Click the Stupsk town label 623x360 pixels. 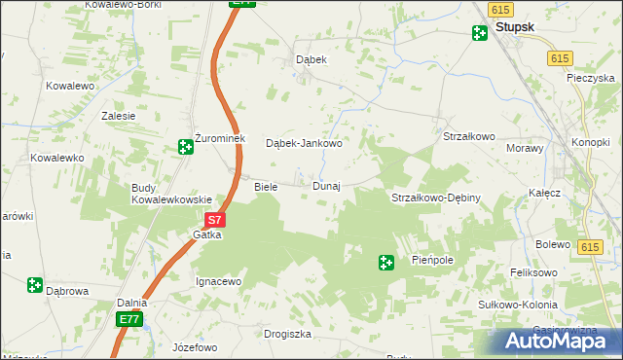(x=514, y=28)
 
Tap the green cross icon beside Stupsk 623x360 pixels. (x=479, y=34)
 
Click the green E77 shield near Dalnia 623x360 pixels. (x=128, y=319)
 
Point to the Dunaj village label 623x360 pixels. (x=326, y=186)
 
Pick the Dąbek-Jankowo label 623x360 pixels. (x=304, y=144)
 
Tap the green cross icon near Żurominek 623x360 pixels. (x=185, y=147)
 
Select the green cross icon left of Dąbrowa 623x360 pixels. (x=35, y=285)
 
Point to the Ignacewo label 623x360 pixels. (x=218, y=281)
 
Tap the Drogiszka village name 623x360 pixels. (x=287, y=334)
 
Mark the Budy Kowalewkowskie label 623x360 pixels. (x=171, y=194)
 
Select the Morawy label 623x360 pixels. (x=523, y=148)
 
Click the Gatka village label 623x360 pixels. (x=207, y=235)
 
